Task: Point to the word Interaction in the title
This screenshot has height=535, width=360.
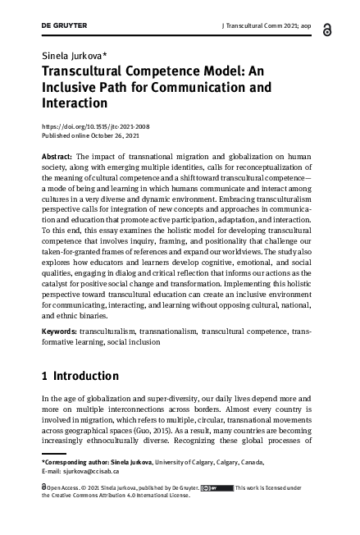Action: (x=75, y=103)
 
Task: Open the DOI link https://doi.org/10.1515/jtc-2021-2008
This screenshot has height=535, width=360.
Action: (x=95, y=126)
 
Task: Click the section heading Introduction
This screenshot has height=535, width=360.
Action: (x=86, y=377)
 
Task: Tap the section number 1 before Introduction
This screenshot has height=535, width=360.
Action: (x=44, y=377)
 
